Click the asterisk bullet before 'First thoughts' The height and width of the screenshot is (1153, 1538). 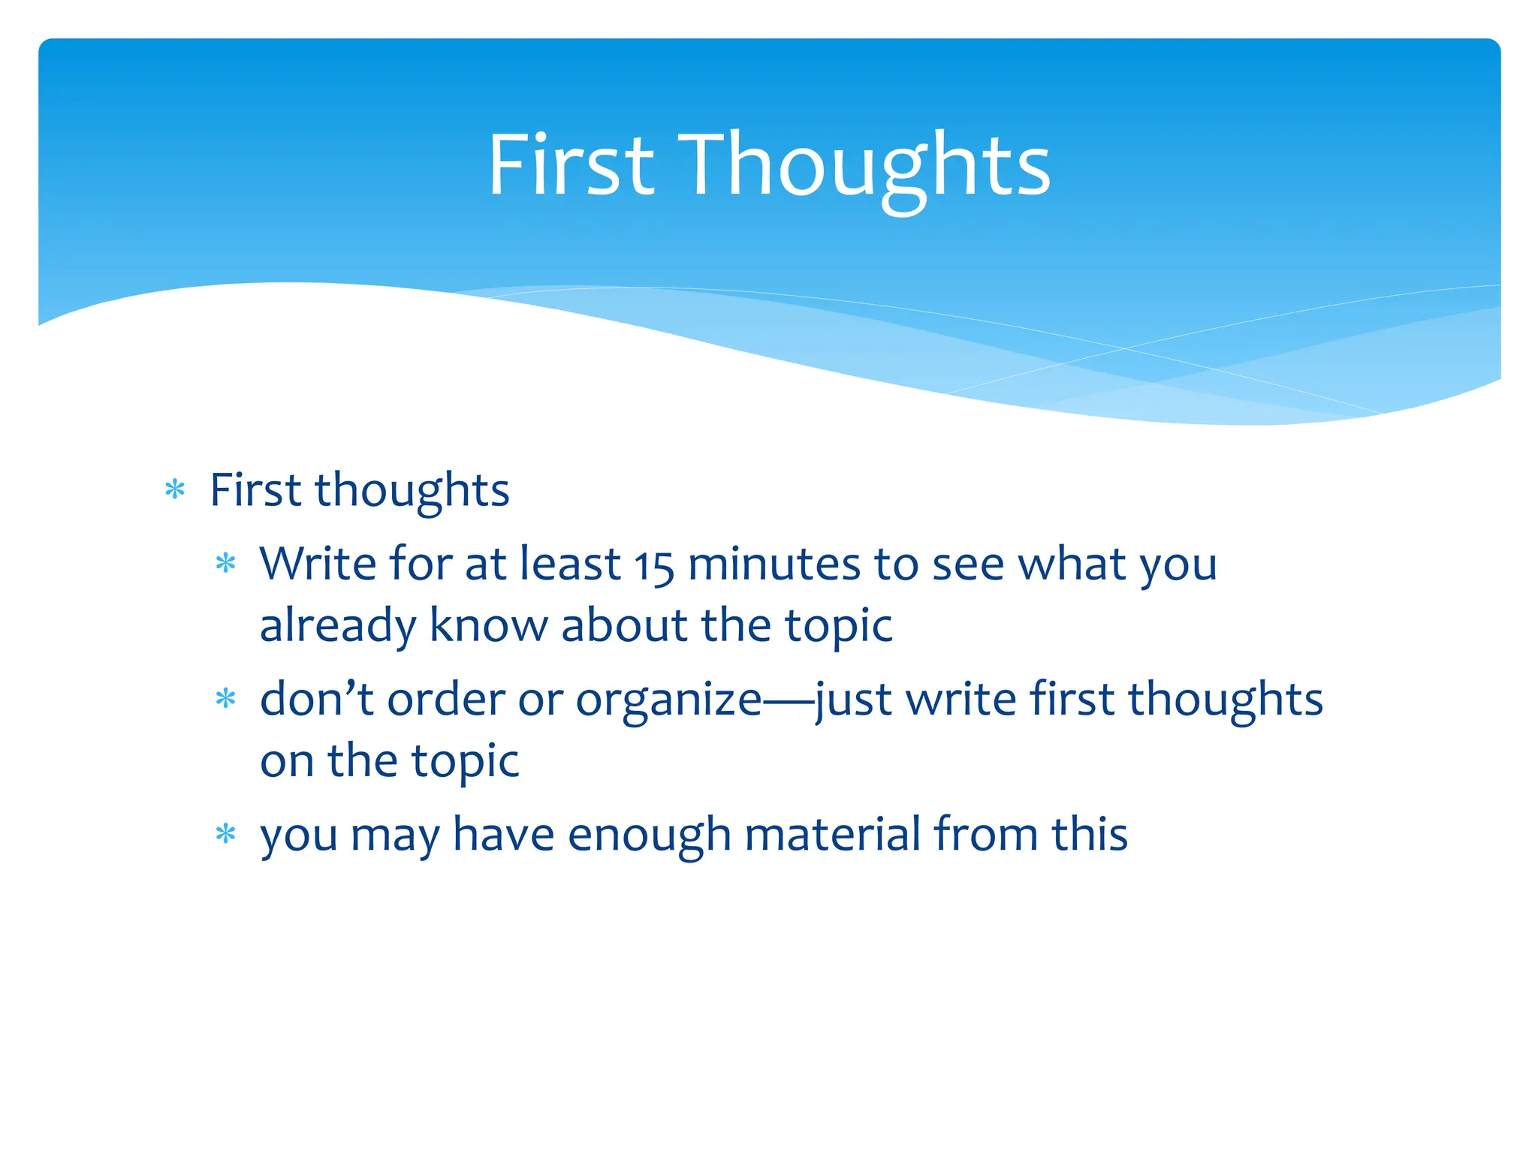[175, 490]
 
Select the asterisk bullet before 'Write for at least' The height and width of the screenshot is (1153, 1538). [225, 564]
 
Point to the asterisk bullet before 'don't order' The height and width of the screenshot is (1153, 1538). [225, 700]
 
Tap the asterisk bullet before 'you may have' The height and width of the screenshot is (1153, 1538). [225, 834]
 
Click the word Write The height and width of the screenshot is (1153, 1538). [318, 564]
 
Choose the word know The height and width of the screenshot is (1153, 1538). [488, 625]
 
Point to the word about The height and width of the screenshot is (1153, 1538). [624, 625]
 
